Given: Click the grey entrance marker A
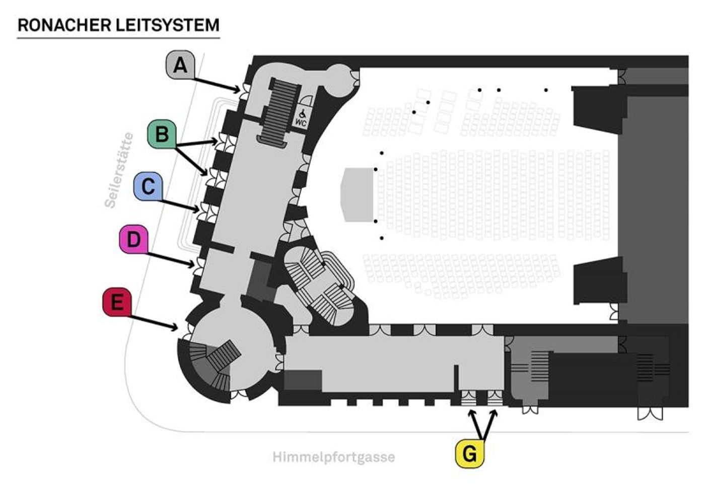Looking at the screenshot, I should pyautogui.click(x=180, y=64).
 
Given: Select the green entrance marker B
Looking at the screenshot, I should pyautogui.click(x=162, y=134).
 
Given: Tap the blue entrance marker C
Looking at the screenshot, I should pyautogui.click(x=148, y=186).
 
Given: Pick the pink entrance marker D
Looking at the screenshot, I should pyautogui.click(x=133, y=239).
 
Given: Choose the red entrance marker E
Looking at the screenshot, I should pyautogui.click(x=117, y=302).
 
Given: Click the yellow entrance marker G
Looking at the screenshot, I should pyautogui.click(x=469, y=453).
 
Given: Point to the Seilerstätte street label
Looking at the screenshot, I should pyautogui.click(x=119, y=170).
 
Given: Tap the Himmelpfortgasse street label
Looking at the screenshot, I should pyautogui.click(x=333, y=457).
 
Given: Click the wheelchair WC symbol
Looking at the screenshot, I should pyautogui.click(x=301, y=118).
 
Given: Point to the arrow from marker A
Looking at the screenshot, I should pyautogui.click(x=217, y=84).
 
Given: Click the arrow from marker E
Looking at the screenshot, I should pyautogui.click(x=154, y=323).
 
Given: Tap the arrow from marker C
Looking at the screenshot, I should pyautogui.click(x=180, y=204).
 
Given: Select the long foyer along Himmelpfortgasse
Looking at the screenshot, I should pyautogui.click(x=393, y=364).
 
